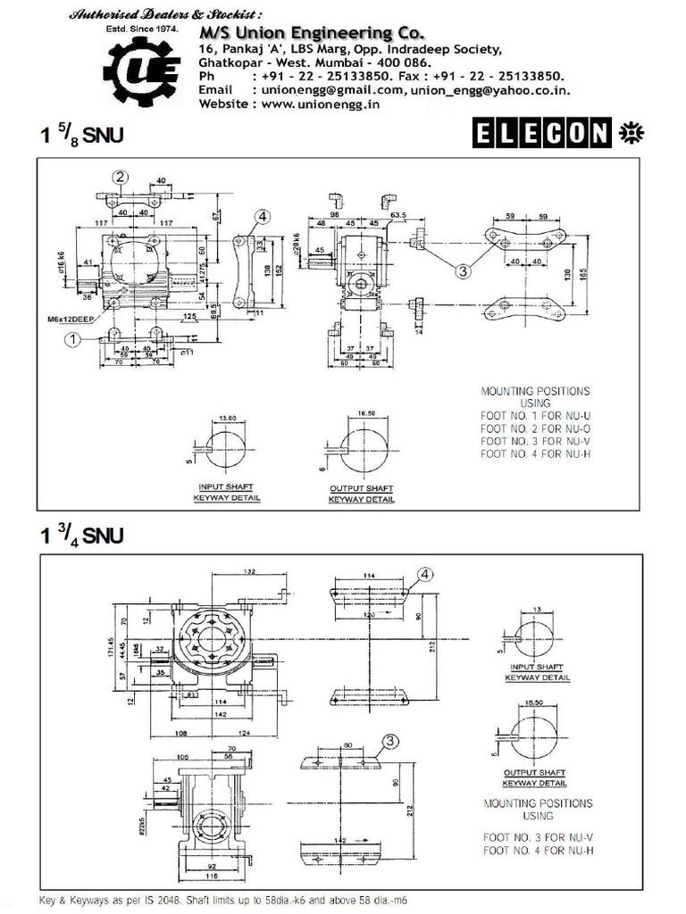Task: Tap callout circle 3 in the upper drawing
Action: (x=462, y=270)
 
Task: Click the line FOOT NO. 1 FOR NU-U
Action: (x=535, y=428)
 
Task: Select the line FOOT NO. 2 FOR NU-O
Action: (x=535, y=441)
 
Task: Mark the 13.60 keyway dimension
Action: (x=229, y=419)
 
